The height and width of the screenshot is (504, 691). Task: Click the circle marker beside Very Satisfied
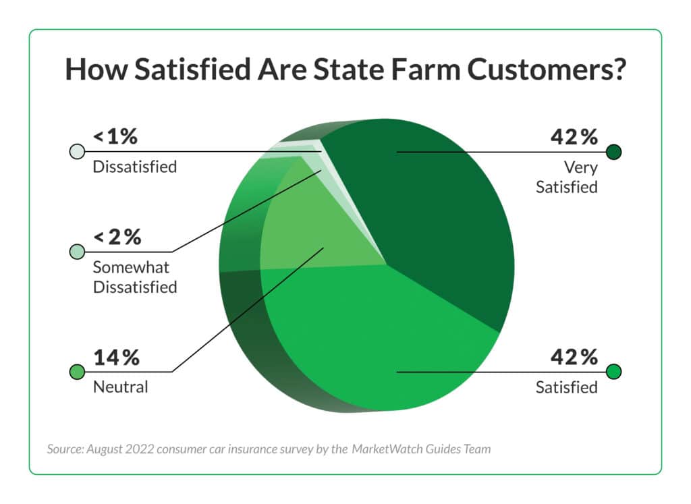[x=613, y=152]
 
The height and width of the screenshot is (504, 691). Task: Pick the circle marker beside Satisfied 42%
[x=613, y=372]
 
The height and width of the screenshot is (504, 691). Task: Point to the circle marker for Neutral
[x=77, y=372]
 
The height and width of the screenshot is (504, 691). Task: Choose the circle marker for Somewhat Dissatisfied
[x=77, y=252]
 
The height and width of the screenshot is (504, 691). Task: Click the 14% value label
[x=116, y=357]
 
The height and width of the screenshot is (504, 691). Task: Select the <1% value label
[x=115, y=137]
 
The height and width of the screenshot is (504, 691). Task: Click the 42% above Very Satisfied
[x=574, y=137]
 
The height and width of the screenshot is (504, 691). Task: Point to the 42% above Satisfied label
[x=574, y=357]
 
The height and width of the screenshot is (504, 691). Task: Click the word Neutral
[x=120, y=387]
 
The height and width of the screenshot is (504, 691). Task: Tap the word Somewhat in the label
[x=131, y=268]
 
